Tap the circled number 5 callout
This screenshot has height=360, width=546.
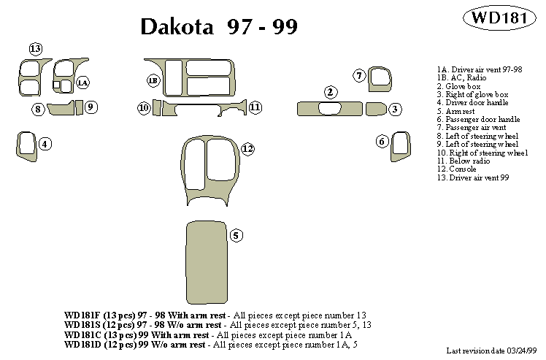(x=236, y=235)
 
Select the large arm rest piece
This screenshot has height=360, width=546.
(x=207, y=258)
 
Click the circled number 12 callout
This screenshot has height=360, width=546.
(x=247, y=149)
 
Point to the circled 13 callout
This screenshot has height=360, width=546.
(x=36, y=48)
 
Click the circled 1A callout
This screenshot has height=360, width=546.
(x=82, y=83)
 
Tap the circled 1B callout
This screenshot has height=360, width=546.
(x=153, y=80)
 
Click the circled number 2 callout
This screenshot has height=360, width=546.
(x=331, y=92)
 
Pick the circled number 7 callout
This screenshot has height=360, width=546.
(x=359, y=75)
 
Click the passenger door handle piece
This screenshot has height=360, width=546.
(x=400, y=145)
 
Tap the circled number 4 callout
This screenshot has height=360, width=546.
(x=45, y=144)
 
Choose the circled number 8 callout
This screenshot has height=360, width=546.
(x=37, y=110)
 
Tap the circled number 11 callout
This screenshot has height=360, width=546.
(x=255, y=107)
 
